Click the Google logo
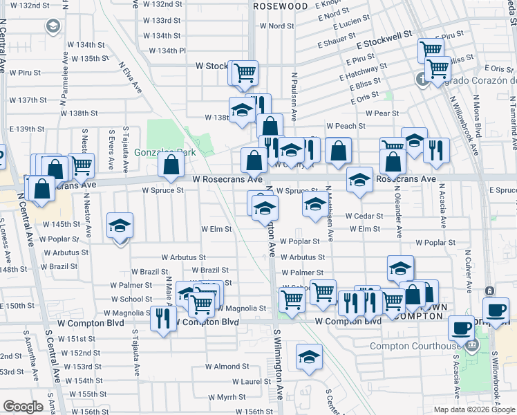[23, 407]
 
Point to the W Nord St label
[276, 26]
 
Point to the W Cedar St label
[364, 216]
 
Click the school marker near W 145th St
[120, 226]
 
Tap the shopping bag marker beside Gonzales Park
[171, 165]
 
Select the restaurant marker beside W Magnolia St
[163, 318]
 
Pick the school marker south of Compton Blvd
[309, 356]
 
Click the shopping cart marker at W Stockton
[244, 72]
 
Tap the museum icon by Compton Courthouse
[472, 345]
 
